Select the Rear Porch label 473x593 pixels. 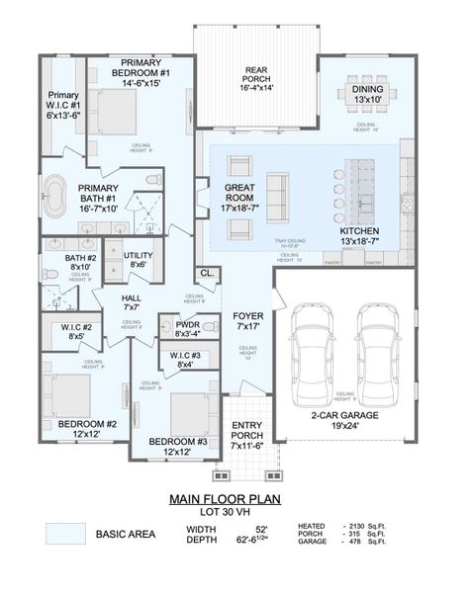click(256, 79)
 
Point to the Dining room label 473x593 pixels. click(367, 94)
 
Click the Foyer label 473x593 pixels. click(247, 322)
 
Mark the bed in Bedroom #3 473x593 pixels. click(187, 414)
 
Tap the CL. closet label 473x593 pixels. click(206, 273)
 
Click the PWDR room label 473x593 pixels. click(187, 328)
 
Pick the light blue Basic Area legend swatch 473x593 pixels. click(64, 534)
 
